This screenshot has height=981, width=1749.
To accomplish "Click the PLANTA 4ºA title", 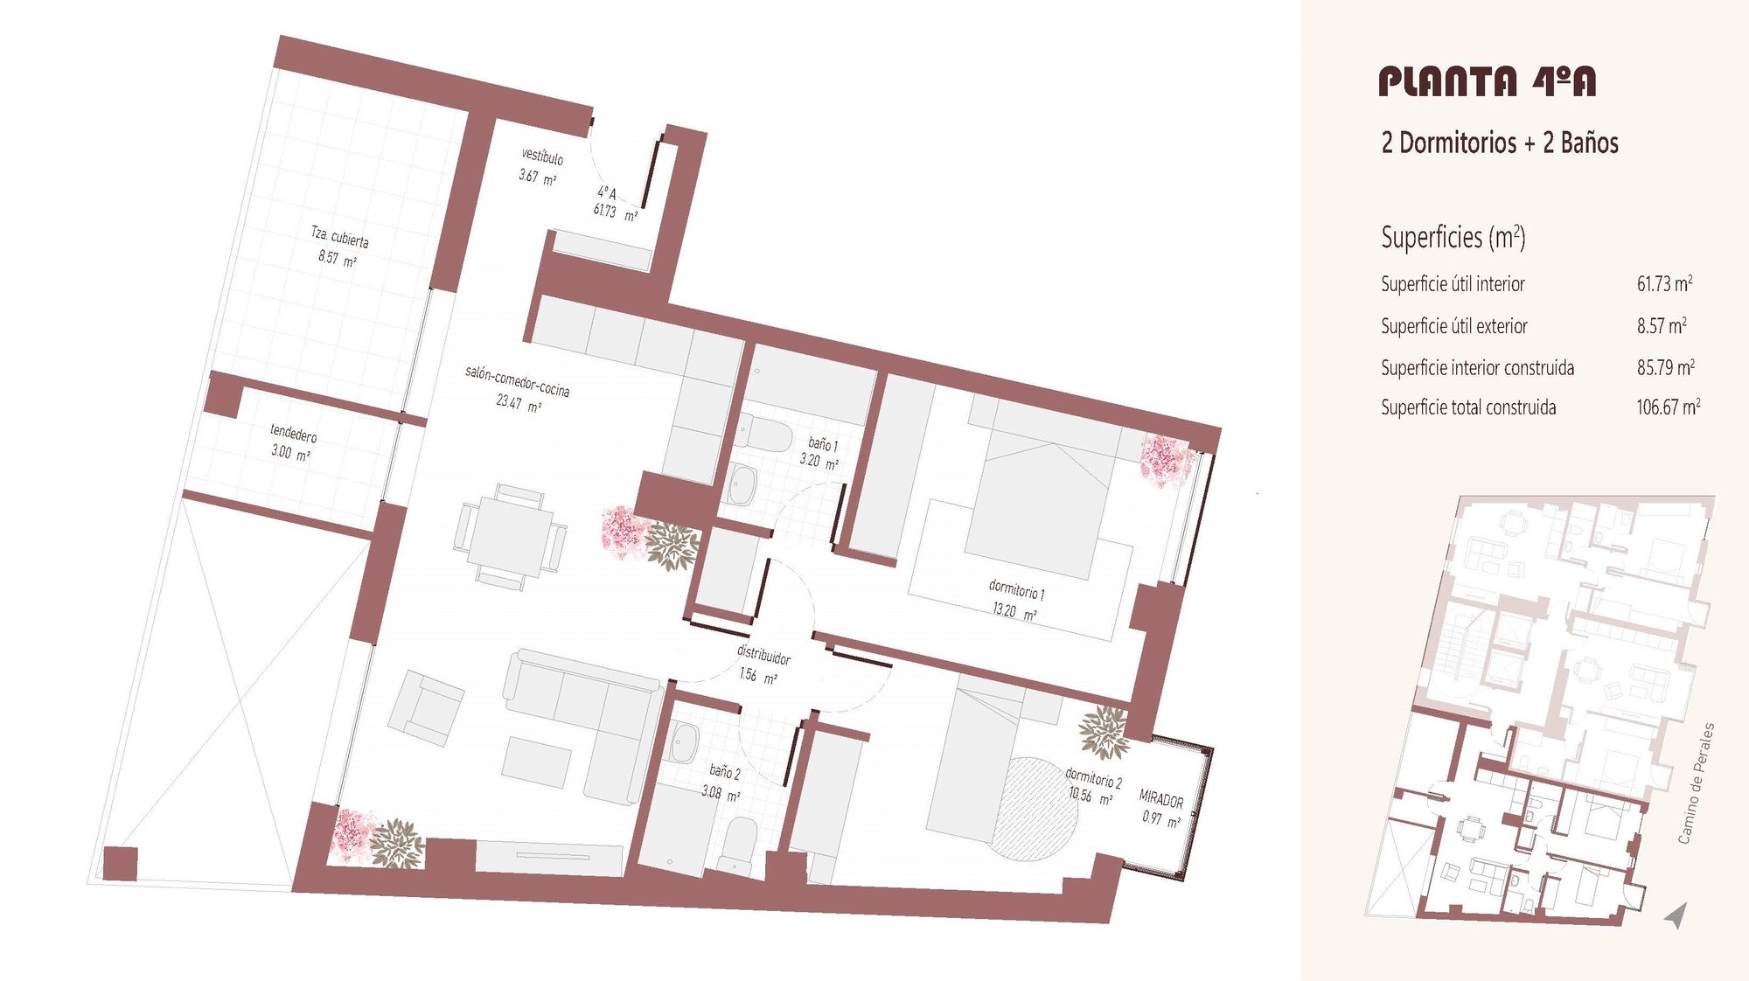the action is tap(1487, 81).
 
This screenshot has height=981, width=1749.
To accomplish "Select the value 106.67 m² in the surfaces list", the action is tap(1669, 407).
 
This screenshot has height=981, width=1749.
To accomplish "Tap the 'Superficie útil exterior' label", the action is tap(1454, 326).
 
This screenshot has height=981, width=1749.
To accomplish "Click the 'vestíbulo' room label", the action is tap(542, 157).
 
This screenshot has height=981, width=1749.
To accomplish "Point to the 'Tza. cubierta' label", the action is tap(340, 236).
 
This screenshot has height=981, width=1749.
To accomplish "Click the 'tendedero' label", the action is tap(293, 433).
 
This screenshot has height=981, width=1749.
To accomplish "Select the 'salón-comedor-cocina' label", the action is tap(517, 381).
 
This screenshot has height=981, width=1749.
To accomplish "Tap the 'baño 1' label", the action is tap(822, 445).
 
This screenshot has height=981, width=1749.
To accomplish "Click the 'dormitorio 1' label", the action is tap(1016, 589).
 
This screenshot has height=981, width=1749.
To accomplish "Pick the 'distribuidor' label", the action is tap(763, 654).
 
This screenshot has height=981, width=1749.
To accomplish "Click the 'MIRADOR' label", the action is tap(1161, 799).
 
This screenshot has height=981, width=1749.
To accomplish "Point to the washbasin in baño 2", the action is tap(684, 742).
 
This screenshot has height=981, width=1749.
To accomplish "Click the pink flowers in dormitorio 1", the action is tap(1167, 460).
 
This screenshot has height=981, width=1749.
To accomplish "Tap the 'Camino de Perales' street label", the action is tap(1696, 783).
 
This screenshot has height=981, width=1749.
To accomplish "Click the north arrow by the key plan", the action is tap(1676, 915).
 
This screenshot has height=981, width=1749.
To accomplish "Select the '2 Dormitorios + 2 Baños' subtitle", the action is tap(1500, 143).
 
